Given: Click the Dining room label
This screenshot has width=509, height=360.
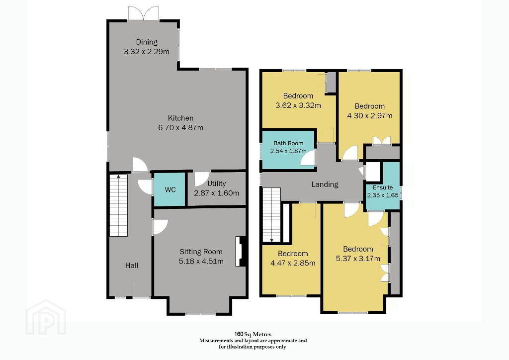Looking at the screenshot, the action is [147, 42].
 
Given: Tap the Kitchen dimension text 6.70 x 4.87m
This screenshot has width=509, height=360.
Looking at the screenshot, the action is [181, 128].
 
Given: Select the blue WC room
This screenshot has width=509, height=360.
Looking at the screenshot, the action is [169, 189].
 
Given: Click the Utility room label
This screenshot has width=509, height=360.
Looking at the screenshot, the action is [217, 183].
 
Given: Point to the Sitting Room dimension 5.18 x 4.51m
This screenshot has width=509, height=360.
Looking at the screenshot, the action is [201, 261].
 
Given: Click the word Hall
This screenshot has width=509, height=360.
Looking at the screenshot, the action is [131, 266].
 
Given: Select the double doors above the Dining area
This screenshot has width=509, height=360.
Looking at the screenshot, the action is [143, 13].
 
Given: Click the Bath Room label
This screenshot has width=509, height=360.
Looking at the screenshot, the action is [288, 143].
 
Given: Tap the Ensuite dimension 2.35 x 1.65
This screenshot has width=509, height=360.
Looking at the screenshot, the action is [383, 195].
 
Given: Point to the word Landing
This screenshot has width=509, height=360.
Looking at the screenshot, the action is [325, 184].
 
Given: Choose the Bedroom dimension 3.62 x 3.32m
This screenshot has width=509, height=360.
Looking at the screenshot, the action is [298, 105].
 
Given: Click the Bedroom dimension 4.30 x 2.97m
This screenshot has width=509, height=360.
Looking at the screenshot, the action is [370, 115].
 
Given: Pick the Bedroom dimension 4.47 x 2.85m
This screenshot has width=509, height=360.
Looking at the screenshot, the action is [293, 263].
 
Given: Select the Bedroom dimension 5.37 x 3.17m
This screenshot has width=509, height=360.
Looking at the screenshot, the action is [358, 259].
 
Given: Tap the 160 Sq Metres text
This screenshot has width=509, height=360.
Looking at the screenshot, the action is [253, 334].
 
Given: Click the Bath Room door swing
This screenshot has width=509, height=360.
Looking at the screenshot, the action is [308, 159].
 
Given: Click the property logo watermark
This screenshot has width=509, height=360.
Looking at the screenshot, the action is [46, 317].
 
